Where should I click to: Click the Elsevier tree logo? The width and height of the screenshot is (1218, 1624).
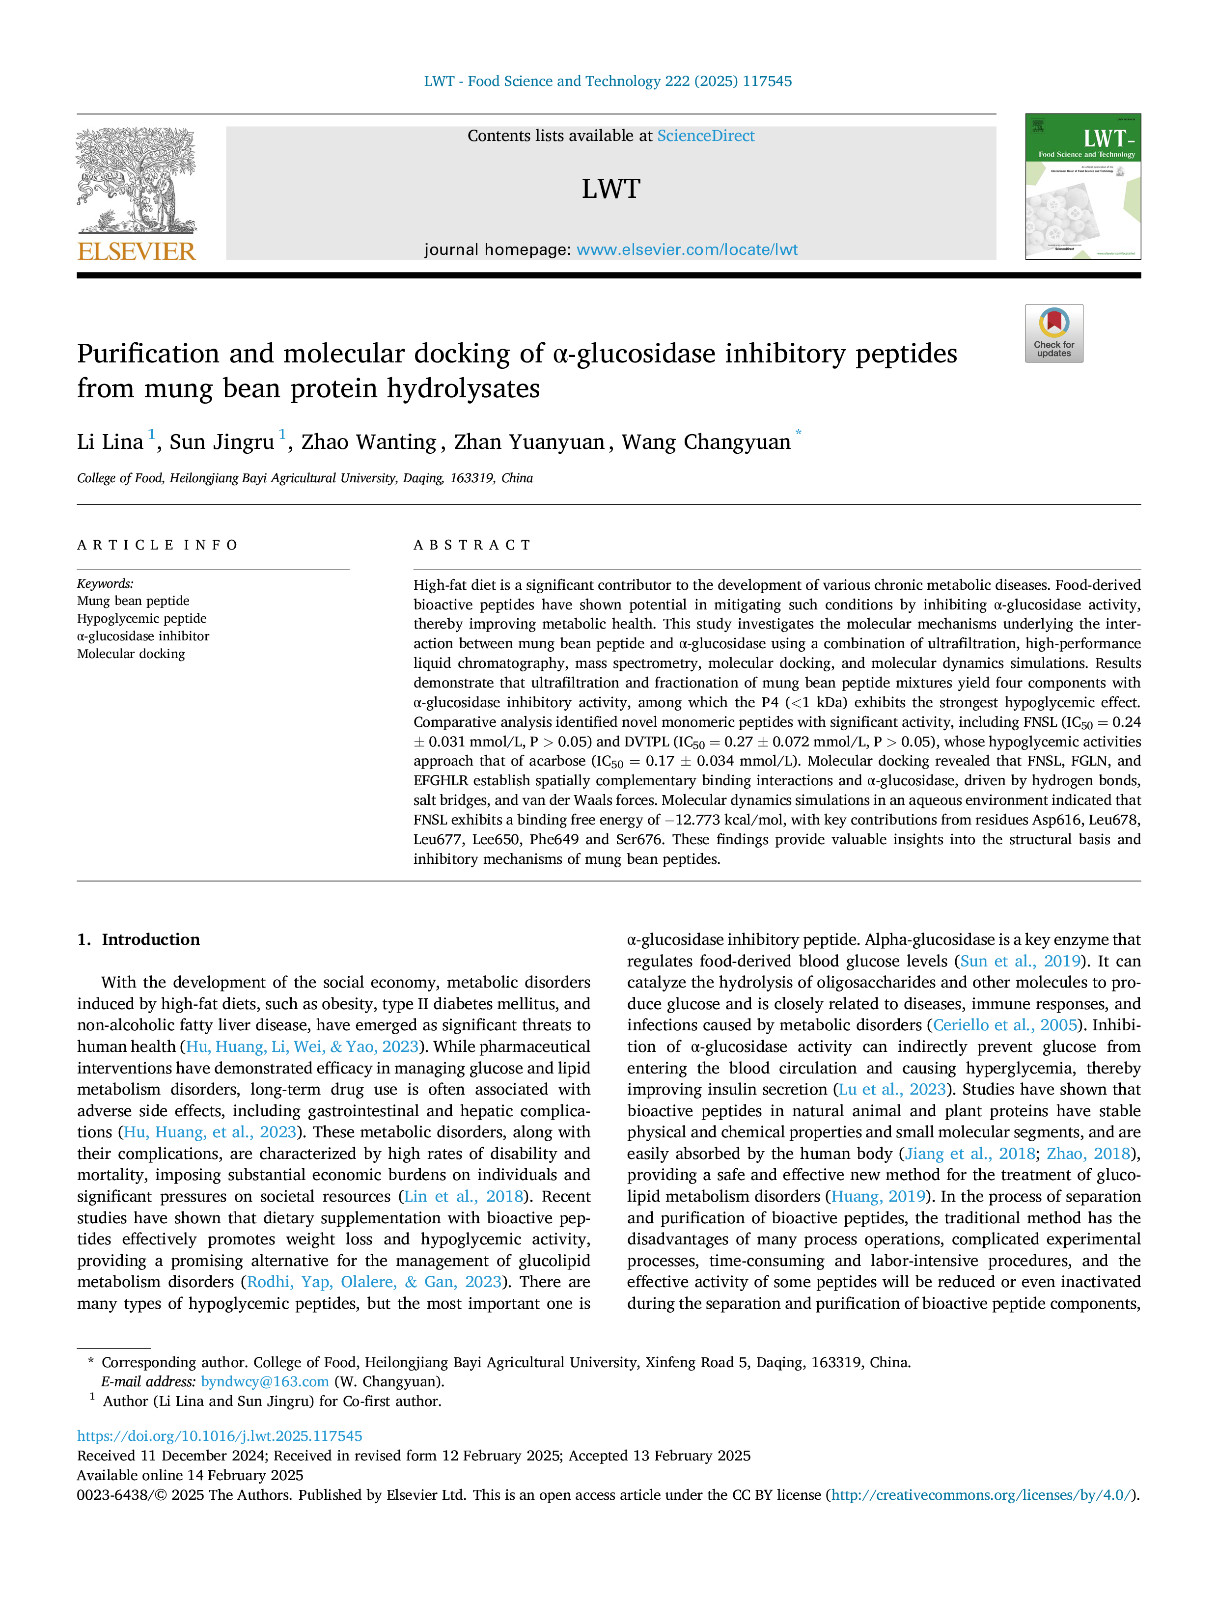pyautogui.click(x=137, y=181)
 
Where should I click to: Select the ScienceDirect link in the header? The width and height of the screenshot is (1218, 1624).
pyautogui.click(x=706, y=136)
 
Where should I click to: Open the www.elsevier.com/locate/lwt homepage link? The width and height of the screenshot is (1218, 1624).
pyautogui.click(x=687, y=249)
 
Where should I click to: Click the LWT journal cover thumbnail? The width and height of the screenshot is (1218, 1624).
pyautogui.click(x=1083, y=187)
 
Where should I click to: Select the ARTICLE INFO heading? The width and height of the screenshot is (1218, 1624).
pyautogui.click(x=158, y=545)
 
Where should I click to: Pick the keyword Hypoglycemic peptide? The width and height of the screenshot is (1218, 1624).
pyautogui.click(x=142, y=618)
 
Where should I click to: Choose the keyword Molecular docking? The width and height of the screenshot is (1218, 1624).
pyautogui.click(x=131, y=654)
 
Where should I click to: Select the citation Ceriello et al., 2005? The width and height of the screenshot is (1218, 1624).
pyautogui.click(x=1005, y=1025)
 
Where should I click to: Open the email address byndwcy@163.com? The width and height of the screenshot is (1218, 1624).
pyautogui.click(x=265, y=1382)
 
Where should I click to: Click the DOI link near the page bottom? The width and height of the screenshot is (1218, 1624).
pyautogui.click(x=220, y=1436)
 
